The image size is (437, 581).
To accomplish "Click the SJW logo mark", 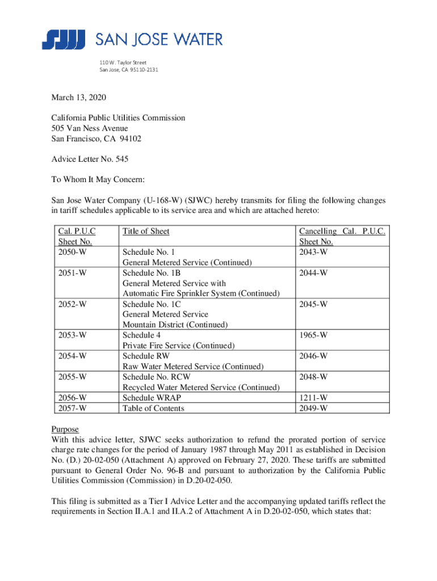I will coord(63,40).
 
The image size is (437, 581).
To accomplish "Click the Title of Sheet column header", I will coord(146,231).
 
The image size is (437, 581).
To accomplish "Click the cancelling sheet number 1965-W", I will coord(314,335).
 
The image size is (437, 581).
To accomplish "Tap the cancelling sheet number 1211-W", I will coord(314,398).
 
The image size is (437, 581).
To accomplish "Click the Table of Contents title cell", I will coord(153,408).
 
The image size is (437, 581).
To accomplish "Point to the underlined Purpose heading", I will coord(65,430).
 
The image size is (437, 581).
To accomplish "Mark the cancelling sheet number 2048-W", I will coord(314,377).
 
